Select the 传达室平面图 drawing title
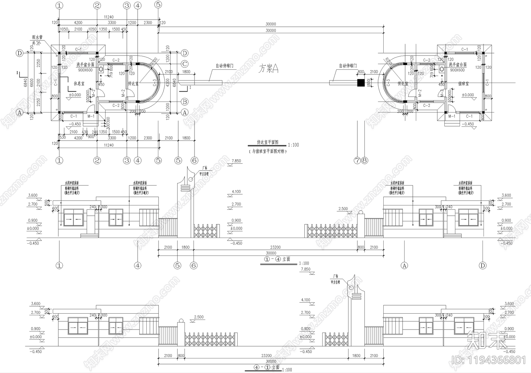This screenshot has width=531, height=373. click(x=267, y=142)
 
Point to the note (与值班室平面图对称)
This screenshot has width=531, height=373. click(x=267, y=151)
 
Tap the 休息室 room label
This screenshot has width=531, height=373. click(x=79, y=84)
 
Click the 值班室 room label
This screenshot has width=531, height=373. click(x=463, y=84)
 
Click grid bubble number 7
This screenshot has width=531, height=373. click(x=357, y=161)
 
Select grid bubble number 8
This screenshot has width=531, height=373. click(x=364, y=161)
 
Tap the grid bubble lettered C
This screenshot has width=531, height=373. click(x=185, y=64)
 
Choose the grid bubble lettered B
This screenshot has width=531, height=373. click(x=185, y=102)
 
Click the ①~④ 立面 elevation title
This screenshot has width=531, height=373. click(x=277, y=259)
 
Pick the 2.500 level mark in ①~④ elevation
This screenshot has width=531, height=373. click(x=343, y=209)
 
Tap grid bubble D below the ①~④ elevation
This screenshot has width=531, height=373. click(x=483, y=265)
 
